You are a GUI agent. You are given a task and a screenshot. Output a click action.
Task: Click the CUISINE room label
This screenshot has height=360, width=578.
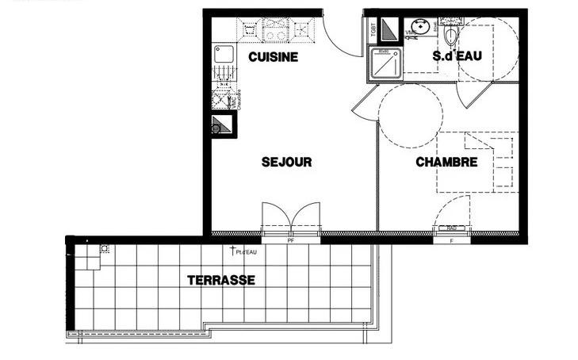tap(272, 57)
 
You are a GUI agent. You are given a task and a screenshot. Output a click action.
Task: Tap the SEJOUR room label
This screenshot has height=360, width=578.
tap(286, 163)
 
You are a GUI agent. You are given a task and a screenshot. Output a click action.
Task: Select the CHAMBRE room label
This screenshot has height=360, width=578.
tap(446, 163)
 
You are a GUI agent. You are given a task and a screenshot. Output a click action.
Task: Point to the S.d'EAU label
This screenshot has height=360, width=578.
tap(458, 57)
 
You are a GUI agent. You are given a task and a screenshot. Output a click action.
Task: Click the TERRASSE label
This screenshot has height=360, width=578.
tap(220, 281)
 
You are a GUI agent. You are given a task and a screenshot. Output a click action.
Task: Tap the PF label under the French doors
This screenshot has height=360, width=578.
tap(291, 240)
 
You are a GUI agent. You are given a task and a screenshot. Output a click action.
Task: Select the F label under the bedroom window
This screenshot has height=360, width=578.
tap(452, 240)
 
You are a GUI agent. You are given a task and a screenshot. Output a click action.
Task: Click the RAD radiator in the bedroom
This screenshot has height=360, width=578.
tap(452, 228)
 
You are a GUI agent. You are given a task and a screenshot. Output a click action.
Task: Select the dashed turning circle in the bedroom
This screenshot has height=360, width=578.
tap(410, 113)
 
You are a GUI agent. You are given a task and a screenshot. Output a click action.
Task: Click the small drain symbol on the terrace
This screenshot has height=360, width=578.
tap(105, 248)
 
